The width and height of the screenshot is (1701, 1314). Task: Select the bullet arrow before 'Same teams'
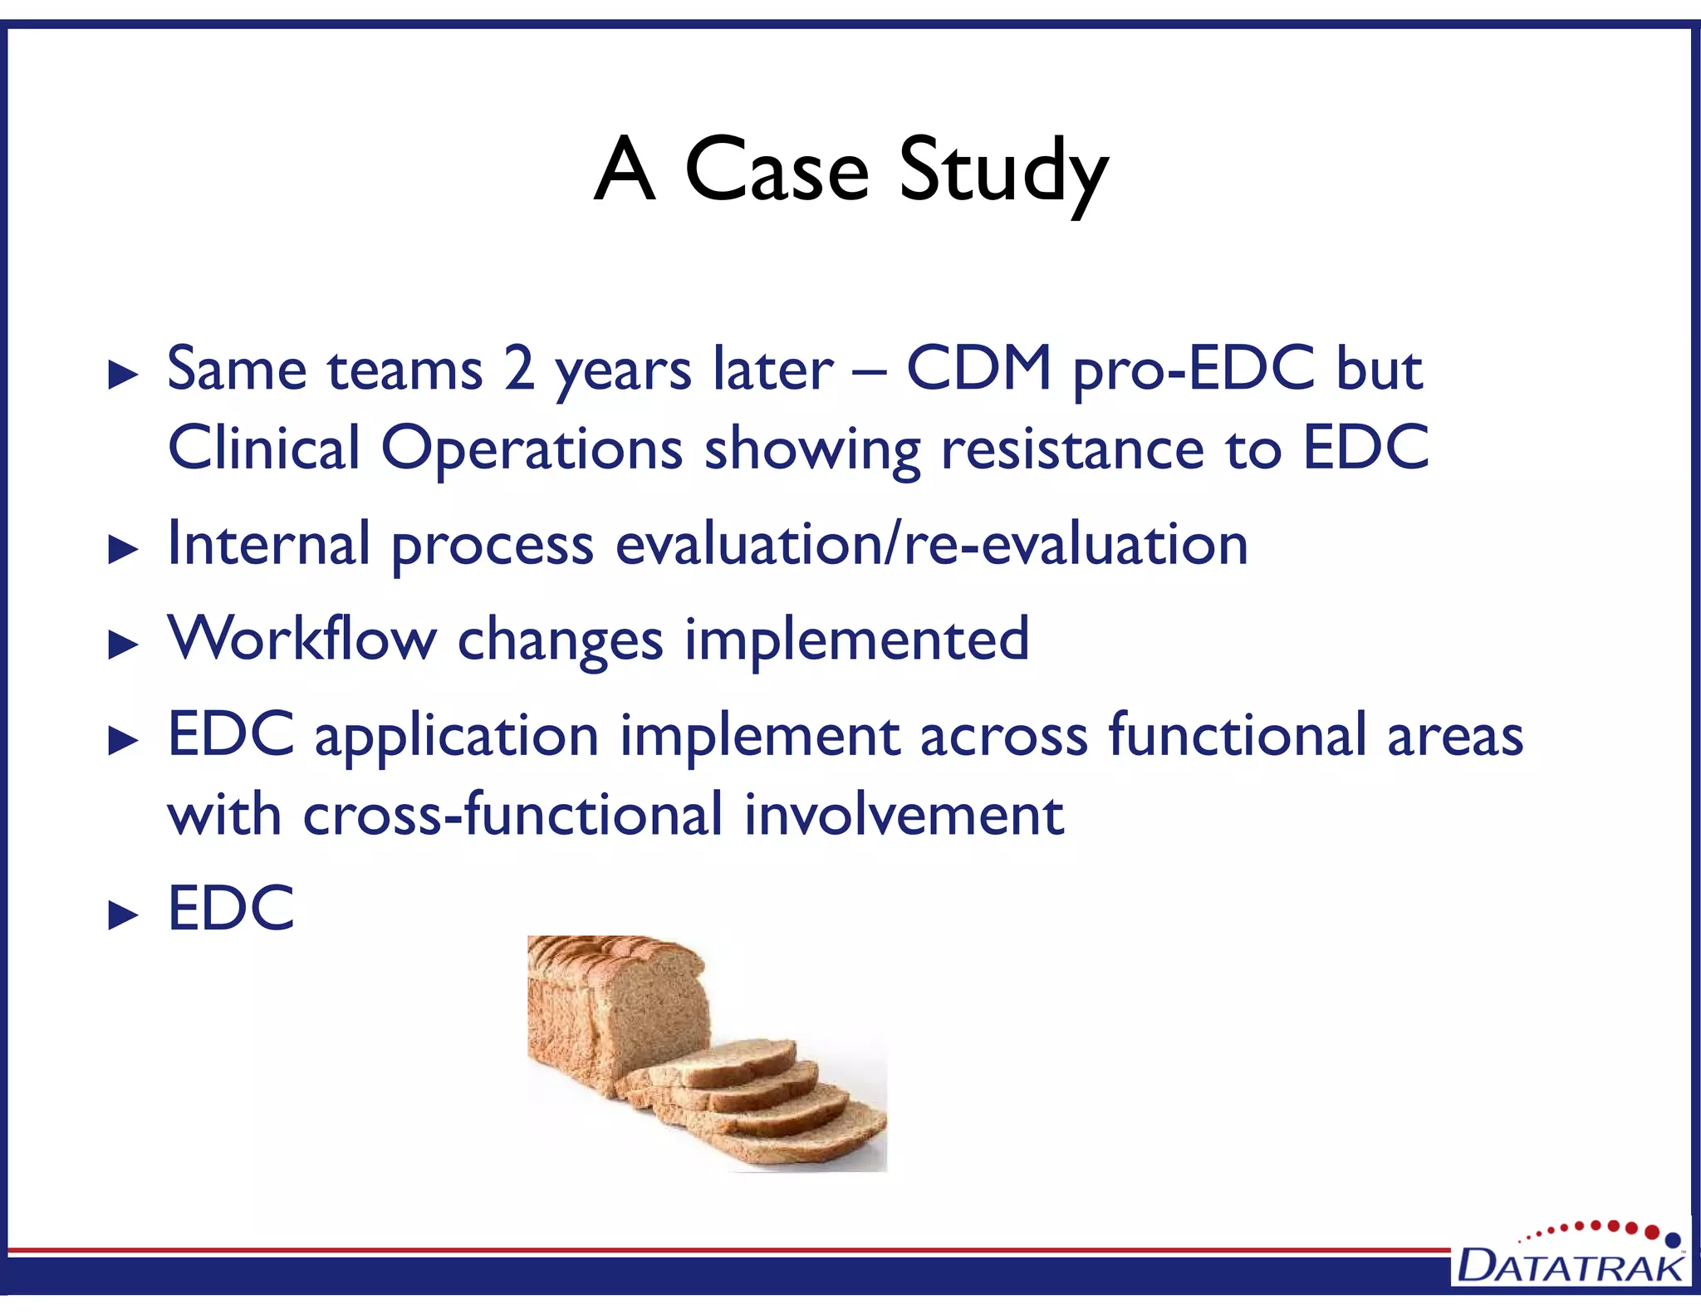(x=123, y=375)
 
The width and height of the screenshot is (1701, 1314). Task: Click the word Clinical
(x=263, y=449)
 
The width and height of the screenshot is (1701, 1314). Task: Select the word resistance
(x=1071, y=449)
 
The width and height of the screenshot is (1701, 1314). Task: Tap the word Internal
(x=268, y=544)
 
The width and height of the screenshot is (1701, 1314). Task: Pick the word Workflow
(x=301, y=640)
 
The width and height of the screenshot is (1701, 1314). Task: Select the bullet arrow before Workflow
(x=123, y=645)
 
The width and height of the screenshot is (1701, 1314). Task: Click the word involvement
(x=903, y=816)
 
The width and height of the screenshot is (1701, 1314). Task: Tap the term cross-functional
(x=512, y=816)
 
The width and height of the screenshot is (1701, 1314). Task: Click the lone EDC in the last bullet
(x=231, y=909)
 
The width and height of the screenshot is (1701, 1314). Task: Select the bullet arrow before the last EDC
(x=123, y=915)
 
